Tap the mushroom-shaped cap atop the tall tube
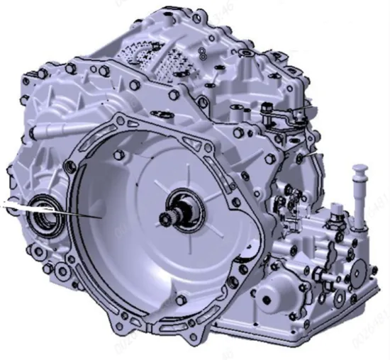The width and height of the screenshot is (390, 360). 360,170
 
